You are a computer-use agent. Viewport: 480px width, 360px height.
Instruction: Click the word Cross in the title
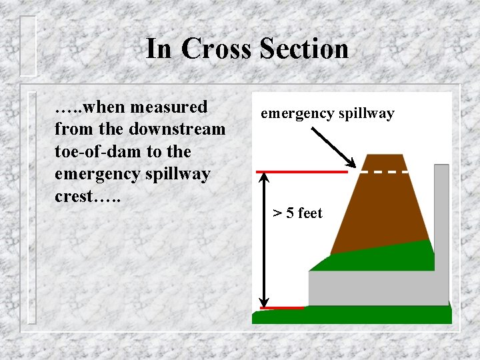point(215,49)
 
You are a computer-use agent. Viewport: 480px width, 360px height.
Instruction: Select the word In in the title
point(159,49)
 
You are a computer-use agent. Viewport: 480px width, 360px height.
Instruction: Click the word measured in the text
point(170,107)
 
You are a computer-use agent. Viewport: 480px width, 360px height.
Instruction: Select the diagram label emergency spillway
point(327,113)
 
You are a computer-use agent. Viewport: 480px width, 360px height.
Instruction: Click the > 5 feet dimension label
point(297,213)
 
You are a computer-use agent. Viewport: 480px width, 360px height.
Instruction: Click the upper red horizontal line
point(302,172)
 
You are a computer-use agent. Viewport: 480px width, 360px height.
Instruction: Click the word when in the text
point(108,107)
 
